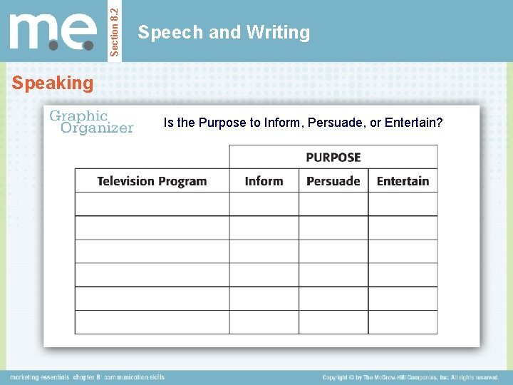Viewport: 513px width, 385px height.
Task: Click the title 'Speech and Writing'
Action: click(x=224, y=32)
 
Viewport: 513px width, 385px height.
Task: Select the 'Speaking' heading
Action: click(x=53, y=83)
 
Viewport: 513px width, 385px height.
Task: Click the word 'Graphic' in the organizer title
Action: click(x=78, y=115)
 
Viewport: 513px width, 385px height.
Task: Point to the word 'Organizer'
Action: click(x=97, y=128)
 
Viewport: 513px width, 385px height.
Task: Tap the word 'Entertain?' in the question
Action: click(x=414, y=123)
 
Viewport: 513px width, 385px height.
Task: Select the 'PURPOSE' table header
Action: click(x=333, y=157)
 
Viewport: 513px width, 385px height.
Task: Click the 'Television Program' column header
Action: click(x=152, y=181)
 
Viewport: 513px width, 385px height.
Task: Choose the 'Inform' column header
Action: click(x=264, y=181)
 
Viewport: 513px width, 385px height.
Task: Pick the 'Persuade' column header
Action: click(x=333, y=181)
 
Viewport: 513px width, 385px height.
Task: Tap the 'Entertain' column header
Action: click(x=403, y=181)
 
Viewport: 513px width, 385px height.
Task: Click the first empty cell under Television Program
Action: click(x=152, y=204)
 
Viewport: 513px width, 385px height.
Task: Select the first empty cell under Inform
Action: click(x=264, y=204)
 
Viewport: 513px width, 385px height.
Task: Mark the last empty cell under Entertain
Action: click(x=403, y=322)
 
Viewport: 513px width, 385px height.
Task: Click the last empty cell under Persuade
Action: click(x=333, y=322)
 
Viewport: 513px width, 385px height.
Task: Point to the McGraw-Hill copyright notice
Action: click(x=410, y=377)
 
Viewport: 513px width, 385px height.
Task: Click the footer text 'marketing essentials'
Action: click(x=39, y=377)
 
